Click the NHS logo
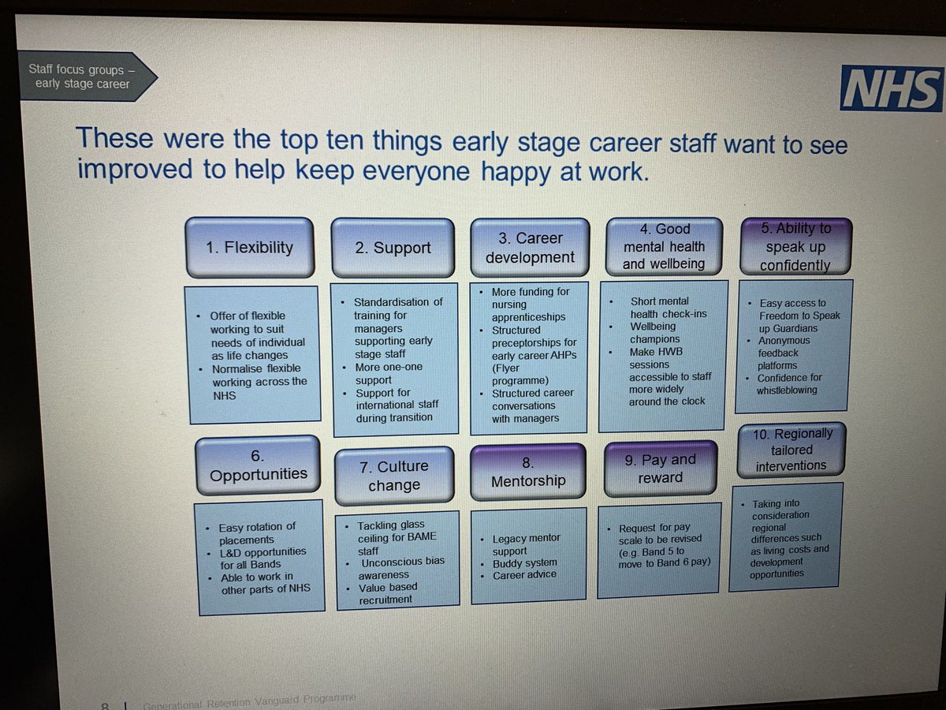point(892,88)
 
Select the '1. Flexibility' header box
point(248,247)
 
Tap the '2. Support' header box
point(393,248)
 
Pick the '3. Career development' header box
point(530,247)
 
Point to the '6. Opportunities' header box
point(258,465)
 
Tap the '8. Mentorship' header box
point(528,471)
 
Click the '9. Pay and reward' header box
point(661,469)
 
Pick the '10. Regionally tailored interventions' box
point(791,450)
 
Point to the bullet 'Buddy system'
point(524,563)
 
